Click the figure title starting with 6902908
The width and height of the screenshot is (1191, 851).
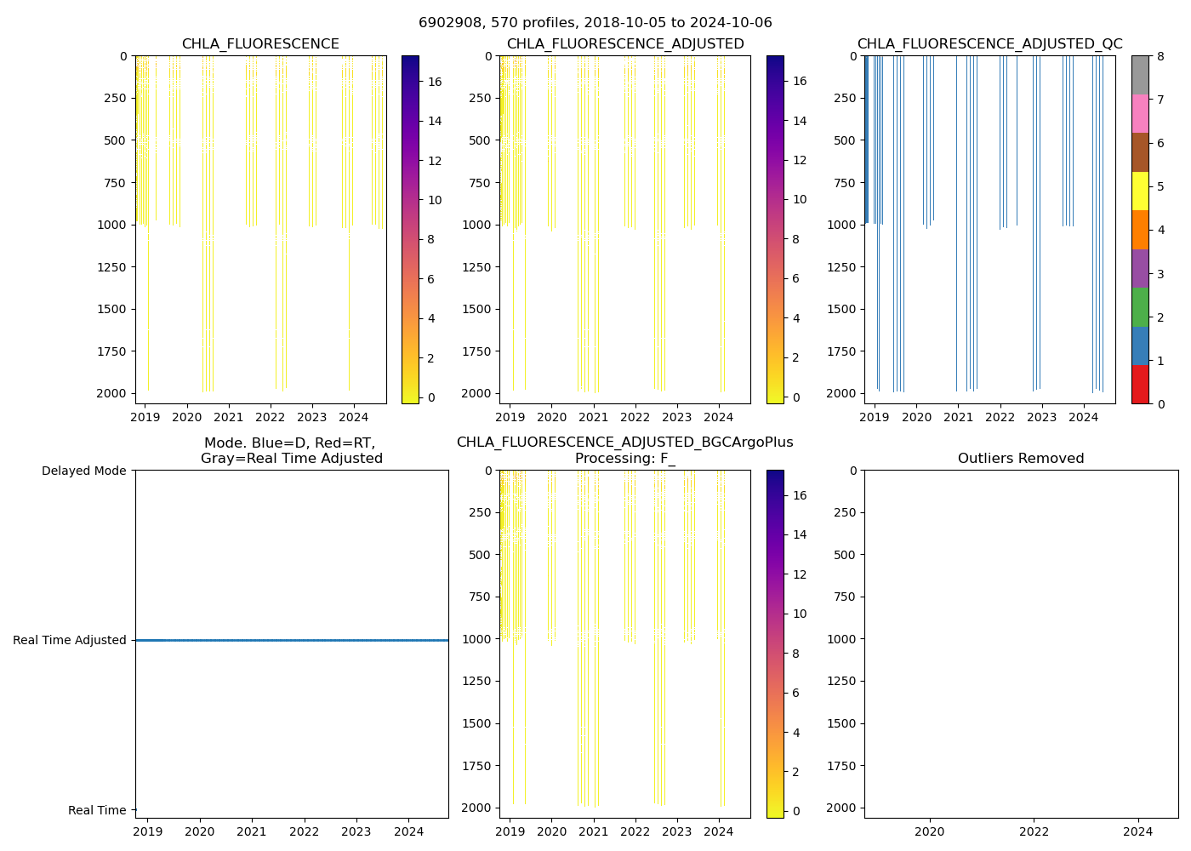click(595, 23)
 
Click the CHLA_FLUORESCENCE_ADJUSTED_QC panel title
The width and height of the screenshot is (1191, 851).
click(989, 44)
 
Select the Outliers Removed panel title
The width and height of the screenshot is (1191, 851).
click(1021, 459)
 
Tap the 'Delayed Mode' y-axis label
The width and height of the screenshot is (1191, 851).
click(83, 471)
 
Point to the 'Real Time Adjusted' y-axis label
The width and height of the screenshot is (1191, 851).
click(70, 640)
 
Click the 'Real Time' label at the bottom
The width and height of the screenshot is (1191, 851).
click(97, 810)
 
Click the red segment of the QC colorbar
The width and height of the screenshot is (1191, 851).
click(1140, 384)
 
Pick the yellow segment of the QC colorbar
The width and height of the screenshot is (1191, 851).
click(1140, 191)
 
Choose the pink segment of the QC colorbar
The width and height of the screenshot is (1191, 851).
click(1140, 113)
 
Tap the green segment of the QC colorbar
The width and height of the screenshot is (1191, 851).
click(1140, 306)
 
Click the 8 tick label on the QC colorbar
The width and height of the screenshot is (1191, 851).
click(1160, 56)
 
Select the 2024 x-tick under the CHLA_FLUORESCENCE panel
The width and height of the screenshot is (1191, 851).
click(353, 417)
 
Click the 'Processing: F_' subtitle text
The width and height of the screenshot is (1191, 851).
click(624, 459)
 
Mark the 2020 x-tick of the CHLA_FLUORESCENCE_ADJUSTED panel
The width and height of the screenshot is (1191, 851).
click(551, 417)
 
